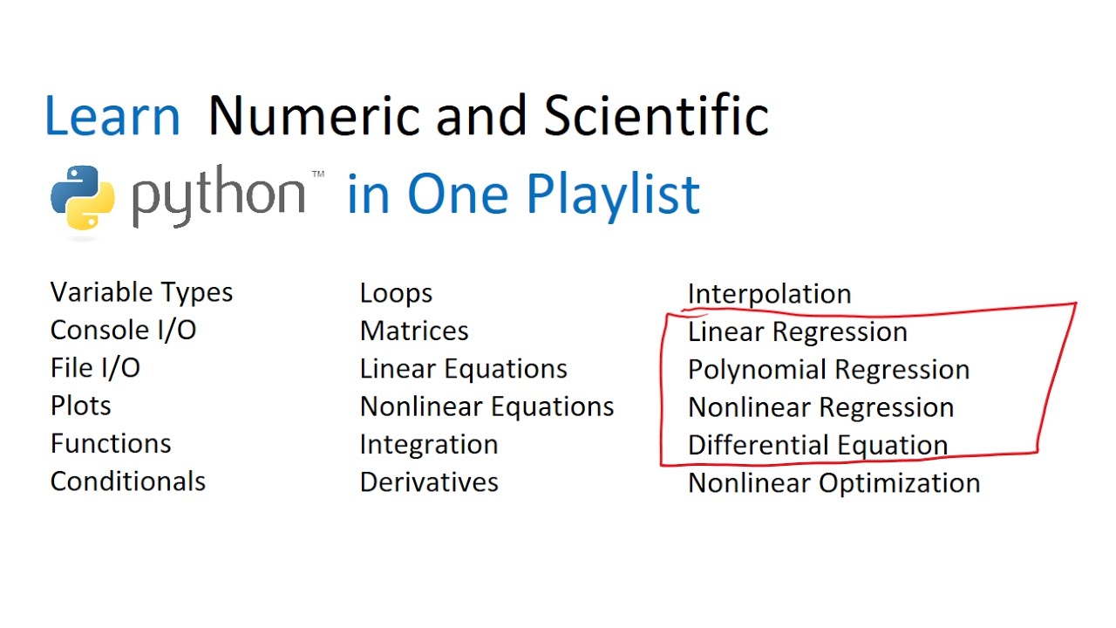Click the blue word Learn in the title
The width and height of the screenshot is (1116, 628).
[x=112, y=116]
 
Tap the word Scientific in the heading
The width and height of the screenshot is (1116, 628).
[x=657, y=114]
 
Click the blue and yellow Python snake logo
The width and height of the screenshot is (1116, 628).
[x=83, y=198]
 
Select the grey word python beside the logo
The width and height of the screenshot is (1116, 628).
[x=219, y=196]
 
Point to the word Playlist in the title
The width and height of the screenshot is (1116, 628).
[x=613, y=195]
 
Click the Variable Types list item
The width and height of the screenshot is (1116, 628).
[x=141, y=292]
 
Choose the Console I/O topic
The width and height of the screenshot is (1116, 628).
[x=124, y=330]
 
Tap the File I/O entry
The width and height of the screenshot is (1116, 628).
[x=95, y=368]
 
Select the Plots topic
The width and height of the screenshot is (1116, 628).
[x=81, y=406]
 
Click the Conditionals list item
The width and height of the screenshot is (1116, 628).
[x=128, y=481]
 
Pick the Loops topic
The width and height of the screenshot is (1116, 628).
[x=396, y=294]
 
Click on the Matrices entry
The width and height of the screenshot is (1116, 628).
[x=414, y=331]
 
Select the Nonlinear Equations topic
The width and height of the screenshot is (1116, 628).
[x=487, y=406]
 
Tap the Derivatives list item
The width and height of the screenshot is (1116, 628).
[x=429, y=482]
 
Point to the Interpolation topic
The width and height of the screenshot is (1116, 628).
[x=769, y=294]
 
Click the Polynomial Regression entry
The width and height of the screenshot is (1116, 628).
[x=828, y=370]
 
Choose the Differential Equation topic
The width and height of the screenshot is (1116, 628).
[x=818, y=445]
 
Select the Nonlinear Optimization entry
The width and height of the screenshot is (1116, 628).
[x=834, y=483]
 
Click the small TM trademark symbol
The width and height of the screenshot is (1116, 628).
[x=318, y=174]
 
